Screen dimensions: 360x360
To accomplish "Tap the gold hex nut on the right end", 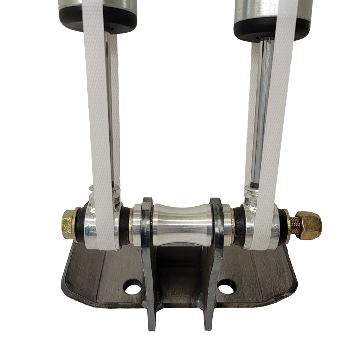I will pos(309,225).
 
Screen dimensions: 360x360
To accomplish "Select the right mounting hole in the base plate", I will pos(226,287).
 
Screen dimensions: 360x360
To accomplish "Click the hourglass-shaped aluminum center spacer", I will pos(182,224).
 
